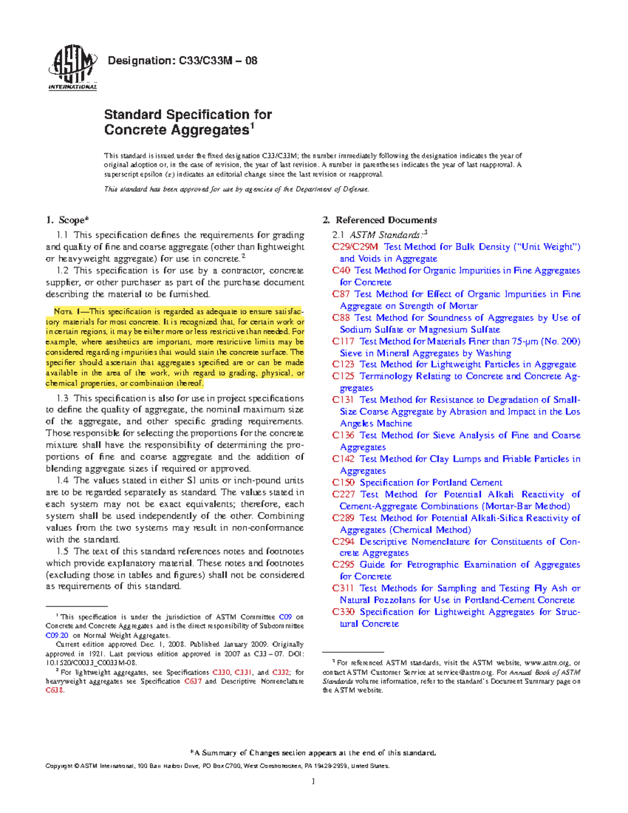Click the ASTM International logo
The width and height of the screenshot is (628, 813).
pyautogui.click(x=73, y=67)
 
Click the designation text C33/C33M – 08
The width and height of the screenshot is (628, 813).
pyautogui.click(x=182, y=61)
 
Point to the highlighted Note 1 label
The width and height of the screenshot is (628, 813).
pyautogui.click(x=67, y=311)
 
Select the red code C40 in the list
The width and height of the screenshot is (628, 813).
pyautogui.click(x=341, y=270)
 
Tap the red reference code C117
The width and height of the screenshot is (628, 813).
pyautogui.click(x=343, y=341)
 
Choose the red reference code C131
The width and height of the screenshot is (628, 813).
pyautogui.click(x=343, y=400)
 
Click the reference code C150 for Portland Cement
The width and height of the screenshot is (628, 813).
pyautogui.click(x=343, y=482)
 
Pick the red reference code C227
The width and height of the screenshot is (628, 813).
pyautogui.click(x=343, y=494)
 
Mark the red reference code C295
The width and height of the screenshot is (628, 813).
pyautogui.click(x=343, y=564)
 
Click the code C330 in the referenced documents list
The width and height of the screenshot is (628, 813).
pyautogui.click(x=343, y=611)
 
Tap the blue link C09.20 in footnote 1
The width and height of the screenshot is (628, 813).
pyautogui.click(x=57, y=636)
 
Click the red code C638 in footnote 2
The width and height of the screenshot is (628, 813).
pyautogui.click(x=54, y=690)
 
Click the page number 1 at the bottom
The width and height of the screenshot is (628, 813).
pyautogui.click(x=313, y=782)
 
